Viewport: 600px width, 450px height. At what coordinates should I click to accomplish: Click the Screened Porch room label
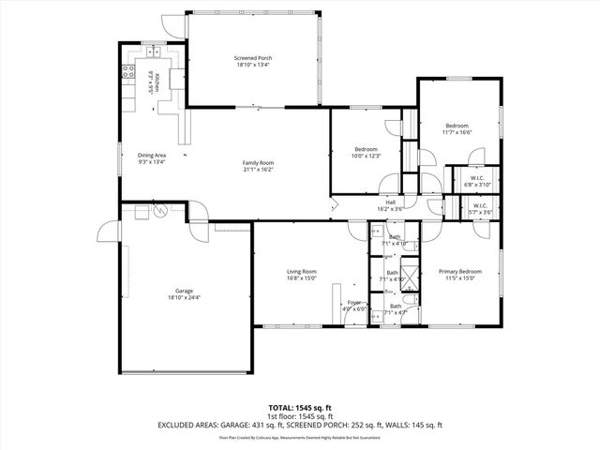tap(253, 58)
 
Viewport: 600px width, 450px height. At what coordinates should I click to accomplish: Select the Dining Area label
tap(152, 155)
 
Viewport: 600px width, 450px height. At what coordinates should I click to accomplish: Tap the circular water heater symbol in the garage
tap(159, 212)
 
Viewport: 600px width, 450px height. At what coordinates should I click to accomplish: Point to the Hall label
tap(390, 202)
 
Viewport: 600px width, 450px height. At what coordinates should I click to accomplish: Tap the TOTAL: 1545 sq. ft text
tap(300, 408)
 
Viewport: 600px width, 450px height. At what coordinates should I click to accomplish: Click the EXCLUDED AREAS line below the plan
tap(300, 425)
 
